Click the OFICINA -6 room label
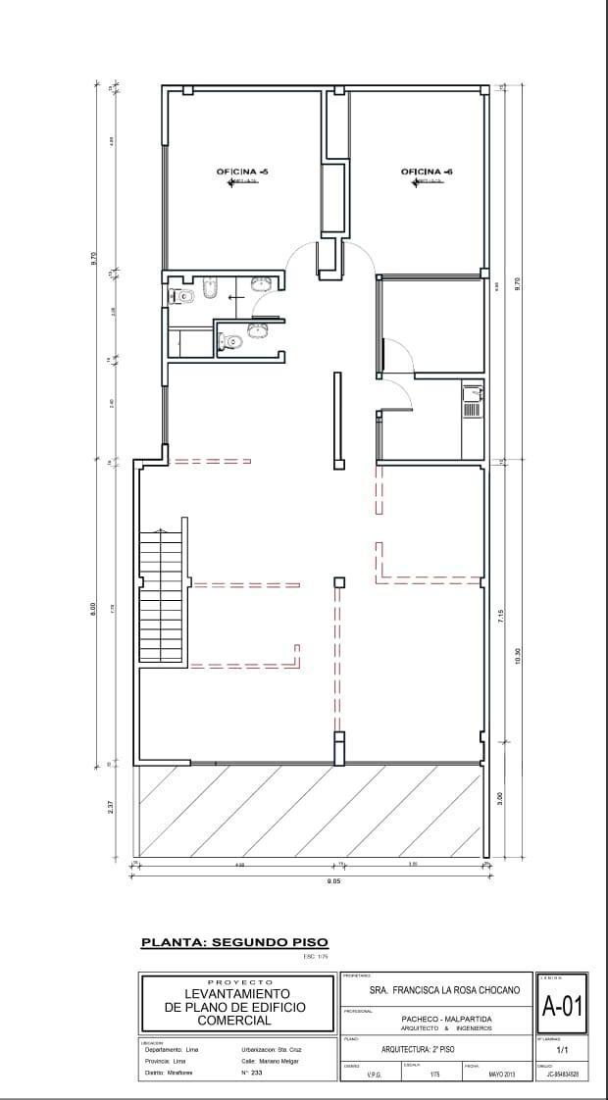tap(427, 172)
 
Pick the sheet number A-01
tap(564, 1004)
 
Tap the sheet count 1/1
tap(563, 1048)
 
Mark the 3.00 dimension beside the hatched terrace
tap(500, 797)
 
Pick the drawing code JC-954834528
tap(563, 1075)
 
